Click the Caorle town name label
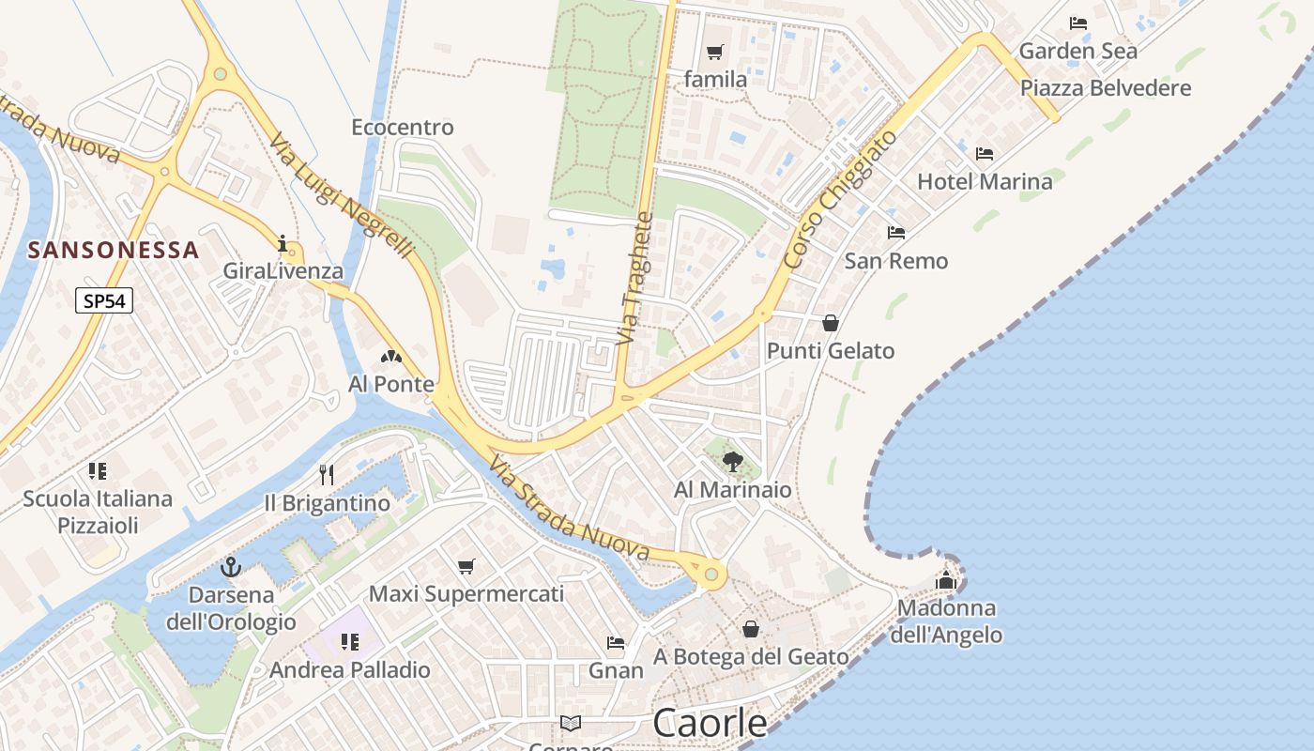709,723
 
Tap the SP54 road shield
104,300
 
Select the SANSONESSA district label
114,251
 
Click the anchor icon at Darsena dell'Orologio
230,567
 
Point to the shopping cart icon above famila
715,52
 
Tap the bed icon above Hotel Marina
984,153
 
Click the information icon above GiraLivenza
283,243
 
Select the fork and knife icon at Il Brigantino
327,474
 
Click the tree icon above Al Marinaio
732,461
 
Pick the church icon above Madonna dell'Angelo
945,580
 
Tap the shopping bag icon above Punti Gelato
831,323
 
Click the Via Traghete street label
634,278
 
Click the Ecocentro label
402,127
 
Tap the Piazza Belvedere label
1106,88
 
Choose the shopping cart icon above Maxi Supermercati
466,566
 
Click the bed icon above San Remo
895,232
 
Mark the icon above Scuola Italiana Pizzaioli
98,470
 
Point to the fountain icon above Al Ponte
390,357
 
